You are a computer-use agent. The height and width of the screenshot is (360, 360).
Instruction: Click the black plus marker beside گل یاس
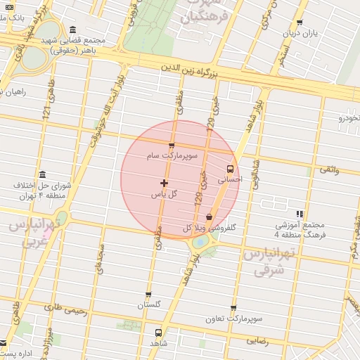165,183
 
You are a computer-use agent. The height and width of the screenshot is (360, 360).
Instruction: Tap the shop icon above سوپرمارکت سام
172,146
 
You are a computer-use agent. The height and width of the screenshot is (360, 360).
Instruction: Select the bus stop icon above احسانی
231,169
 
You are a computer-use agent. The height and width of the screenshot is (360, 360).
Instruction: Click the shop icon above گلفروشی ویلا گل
209,217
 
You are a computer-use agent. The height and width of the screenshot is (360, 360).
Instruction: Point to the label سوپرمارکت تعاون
236,319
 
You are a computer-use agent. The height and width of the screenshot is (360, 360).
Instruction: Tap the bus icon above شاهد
157,332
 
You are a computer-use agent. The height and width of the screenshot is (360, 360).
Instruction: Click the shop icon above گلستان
148,295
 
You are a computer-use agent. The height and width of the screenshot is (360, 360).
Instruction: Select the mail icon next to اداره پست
4,344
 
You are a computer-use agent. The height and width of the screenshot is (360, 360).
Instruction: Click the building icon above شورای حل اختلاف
43,174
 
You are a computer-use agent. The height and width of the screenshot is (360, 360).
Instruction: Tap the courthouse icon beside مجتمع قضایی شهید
74,30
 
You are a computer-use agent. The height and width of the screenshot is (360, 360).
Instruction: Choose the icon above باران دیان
300,22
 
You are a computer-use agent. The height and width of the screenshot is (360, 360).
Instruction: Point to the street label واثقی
329,169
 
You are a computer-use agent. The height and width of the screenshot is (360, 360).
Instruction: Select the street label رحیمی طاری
65,307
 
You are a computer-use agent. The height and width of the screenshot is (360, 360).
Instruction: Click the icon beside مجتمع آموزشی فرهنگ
300,214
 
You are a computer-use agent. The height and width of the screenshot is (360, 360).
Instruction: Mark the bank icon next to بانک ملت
8,6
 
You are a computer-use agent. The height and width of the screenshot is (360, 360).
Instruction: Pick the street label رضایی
257,340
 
